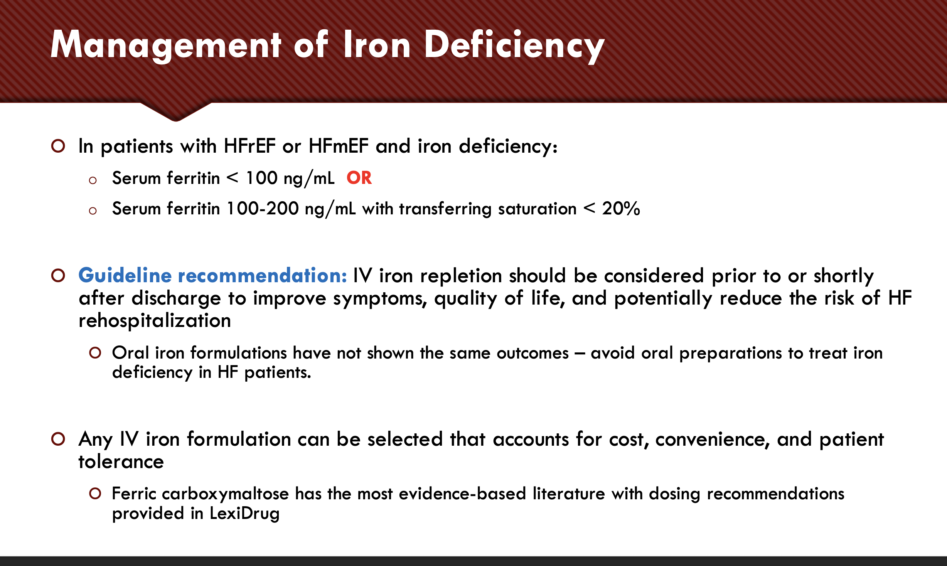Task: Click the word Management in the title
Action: pyautogui.click(x=166, y=45)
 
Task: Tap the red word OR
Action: pyautogui.click(x=359, y=178)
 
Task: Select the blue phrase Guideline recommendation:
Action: pyautogui.click(x=212, y=275)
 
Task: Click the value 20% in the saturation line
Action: pyautogui.click(x=621, y=209)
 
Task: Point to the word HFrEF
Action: pyautogui.click(x=249, y=146)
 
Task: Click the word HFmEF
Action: pyautogui.click(x=339, y=146)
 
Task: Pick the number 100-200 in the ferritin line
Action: pyautogui.click(x=263, y=209)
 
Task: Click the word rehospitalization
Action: pyautogui.click(x=155, y=321)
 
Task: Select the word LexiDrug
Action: pyautogui.click(x=244, y=514)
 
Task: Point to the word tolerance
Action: pyautogui.click(x=121, y=462)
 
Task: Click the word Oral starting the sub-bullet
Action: pyautogui.click(x=130, y=353)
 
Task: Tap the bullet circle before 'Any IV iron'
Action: pyautogui.click(x=58, y=439)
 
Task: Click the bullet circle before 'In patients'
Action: pyautogui.click(x=58, y=146)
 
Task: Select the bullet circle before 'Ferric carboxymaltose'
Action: pyautogui.click(x=95, y=494)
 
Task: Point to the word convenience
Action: pyautogui.click(x=712, y=440)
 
